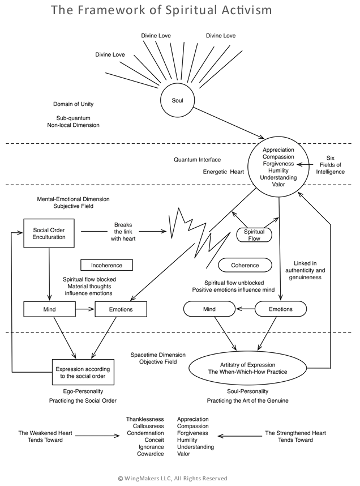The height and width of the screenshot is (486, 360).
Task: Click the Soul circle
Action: (177, 100)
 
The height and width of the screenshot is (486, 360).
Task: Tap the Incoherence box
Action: (106, 265)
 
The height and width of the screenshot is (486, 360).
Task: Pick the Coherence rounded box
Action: (245, 265)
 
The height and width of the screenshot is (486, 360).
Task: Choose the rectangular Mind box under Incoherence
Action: (49, 309)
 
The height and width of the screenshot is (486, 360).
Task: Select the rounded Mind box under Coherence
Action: (209, 309)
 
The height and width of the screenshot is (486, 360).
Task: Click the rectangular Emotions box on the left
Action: (121, 309)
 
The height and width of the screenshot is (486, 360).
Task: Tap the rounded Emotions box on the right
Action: (281, 309)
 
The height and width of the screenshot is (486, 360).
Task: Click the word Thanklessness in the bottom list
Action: (145, 419)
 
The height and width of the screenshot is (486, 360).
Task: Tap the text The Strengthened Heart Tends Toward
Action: (295, 437)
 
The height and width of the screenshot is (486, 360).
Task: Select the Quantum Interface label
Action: (197, 160)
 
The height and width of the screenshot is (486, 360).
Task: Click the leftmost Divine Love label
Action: (110, 55)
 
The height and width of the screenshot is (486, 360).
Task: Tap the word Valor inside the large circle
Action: (277, 184)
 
